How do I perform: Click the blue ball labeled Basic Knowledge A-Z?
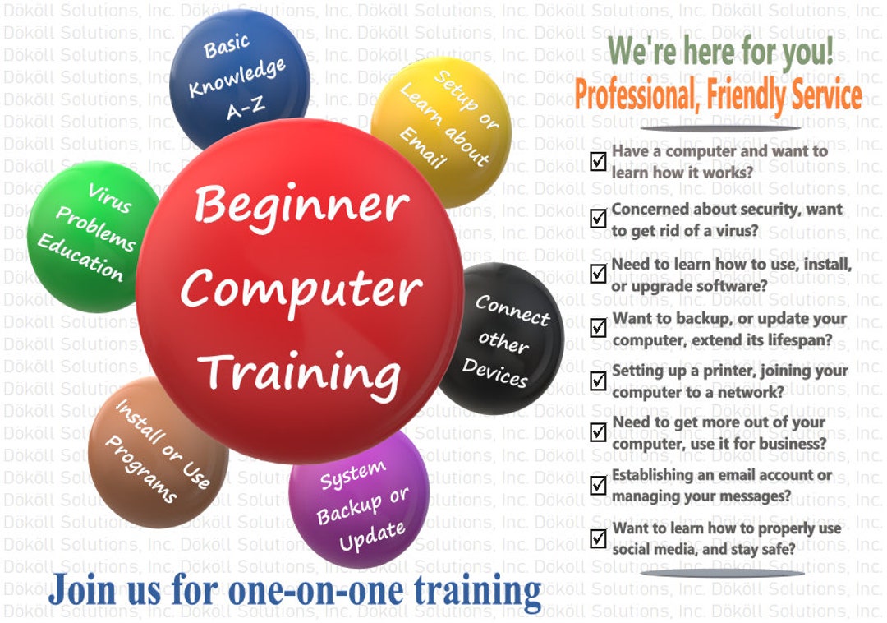(x=238, y=79)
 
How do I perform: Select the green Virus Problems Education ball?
(x=86, y=234)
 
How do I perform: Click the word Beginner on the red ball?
(x=301, y=205)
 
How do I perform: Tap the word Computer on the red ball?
(x=301, y=288)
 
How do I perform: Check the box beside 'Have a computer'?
(x=598, y=162)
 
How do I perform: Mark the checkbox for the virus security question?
(x=598, y=219)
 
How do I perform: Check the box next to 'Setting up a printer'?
(x=598, y=381)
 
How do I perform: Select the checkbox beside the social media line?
(x=598, y=538)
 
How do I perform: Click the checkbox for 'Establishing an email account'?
(x=598, y=485)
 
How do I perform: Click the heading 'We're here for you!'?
(x=720, y=52)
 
